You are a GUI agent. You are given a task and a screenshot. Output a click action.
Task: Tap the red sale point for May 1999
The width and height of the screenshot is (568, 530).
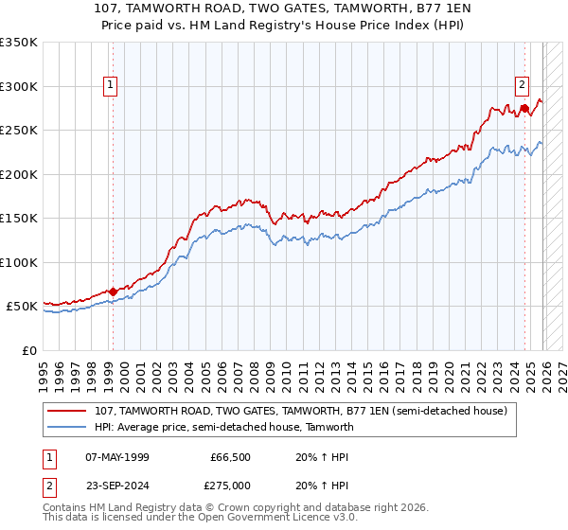[x=113, y=291]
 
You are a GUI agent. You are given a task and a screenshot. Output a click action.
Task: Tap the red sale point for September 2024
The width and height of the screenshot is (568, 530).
[x=524, y=108]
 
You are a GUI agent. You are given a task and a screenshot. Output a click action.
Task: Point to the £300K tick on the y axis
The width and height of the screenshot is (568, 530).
[x=19, y=86]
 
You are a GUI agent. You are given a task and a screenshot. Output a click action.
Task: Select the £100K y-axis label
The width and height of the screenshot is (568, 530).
[x=19, y=262]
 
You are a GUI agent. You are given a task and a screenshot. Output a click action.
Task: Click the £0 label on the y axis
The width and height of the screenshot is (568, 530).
[x=28, y=350]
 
